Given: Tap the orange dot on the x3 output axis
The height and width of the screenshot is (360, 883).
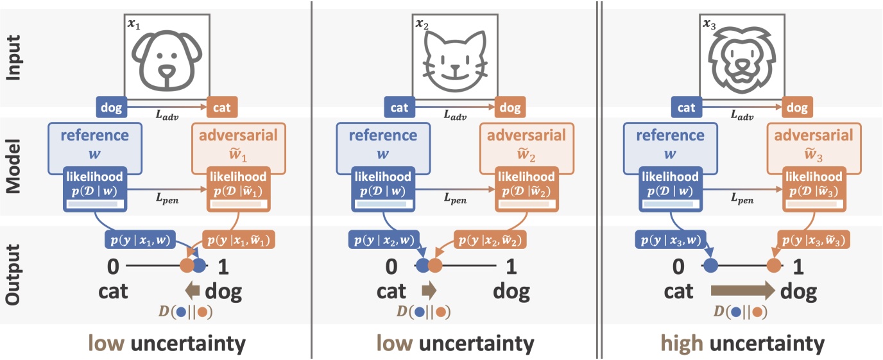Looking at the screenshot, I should pyautogui.click(x=774, y=264).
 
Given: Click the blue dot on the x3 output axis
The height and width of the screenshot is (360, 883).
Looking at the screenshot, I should pyautogui.click(x=710, y=264).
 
